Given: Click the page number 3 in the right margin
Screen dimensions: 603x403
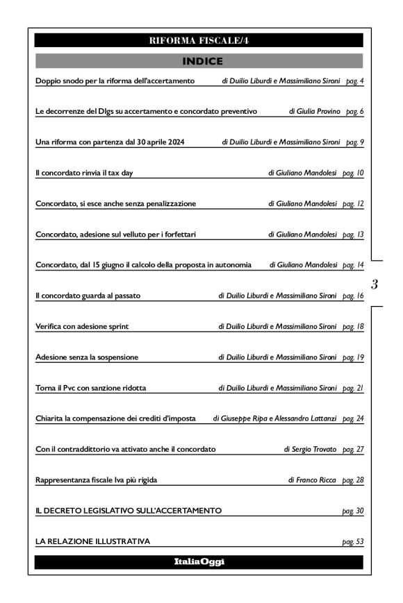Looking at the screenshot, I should point(375,283).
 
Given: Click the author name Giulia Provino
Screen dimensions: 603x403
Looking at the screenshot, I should point(318,111).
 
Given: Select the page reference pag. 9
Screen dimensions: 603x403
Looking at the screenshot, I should point(354,142).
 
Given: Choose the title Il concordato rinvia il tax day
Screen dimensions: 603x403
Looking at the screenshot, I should point(84,172).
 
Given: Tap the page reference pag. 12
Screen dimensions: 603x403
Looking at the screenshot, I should point(354,203).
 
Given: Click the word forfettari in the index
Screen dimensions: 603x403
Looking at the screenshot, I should point(177,235).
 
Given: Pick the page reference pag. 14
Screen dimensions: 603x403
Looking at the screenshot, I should point(354,265).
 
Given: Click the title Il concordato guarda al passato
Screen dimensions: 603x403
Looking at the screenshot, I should point(88,296).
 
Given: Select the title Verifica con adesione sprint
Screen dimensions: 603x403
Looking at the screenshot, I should point(82,326).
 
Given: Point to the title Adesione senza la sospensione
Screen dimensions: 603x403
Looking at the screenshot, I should point(87,357).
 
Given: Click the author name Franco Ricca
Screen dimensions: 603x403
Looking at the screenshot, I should point(318,479).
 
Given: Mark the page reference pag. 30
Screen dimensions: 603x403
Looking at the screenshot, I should point(354,511).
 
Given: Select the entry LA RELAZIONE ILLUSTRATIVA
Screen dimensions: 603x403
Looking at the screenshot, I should point(92,541).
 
